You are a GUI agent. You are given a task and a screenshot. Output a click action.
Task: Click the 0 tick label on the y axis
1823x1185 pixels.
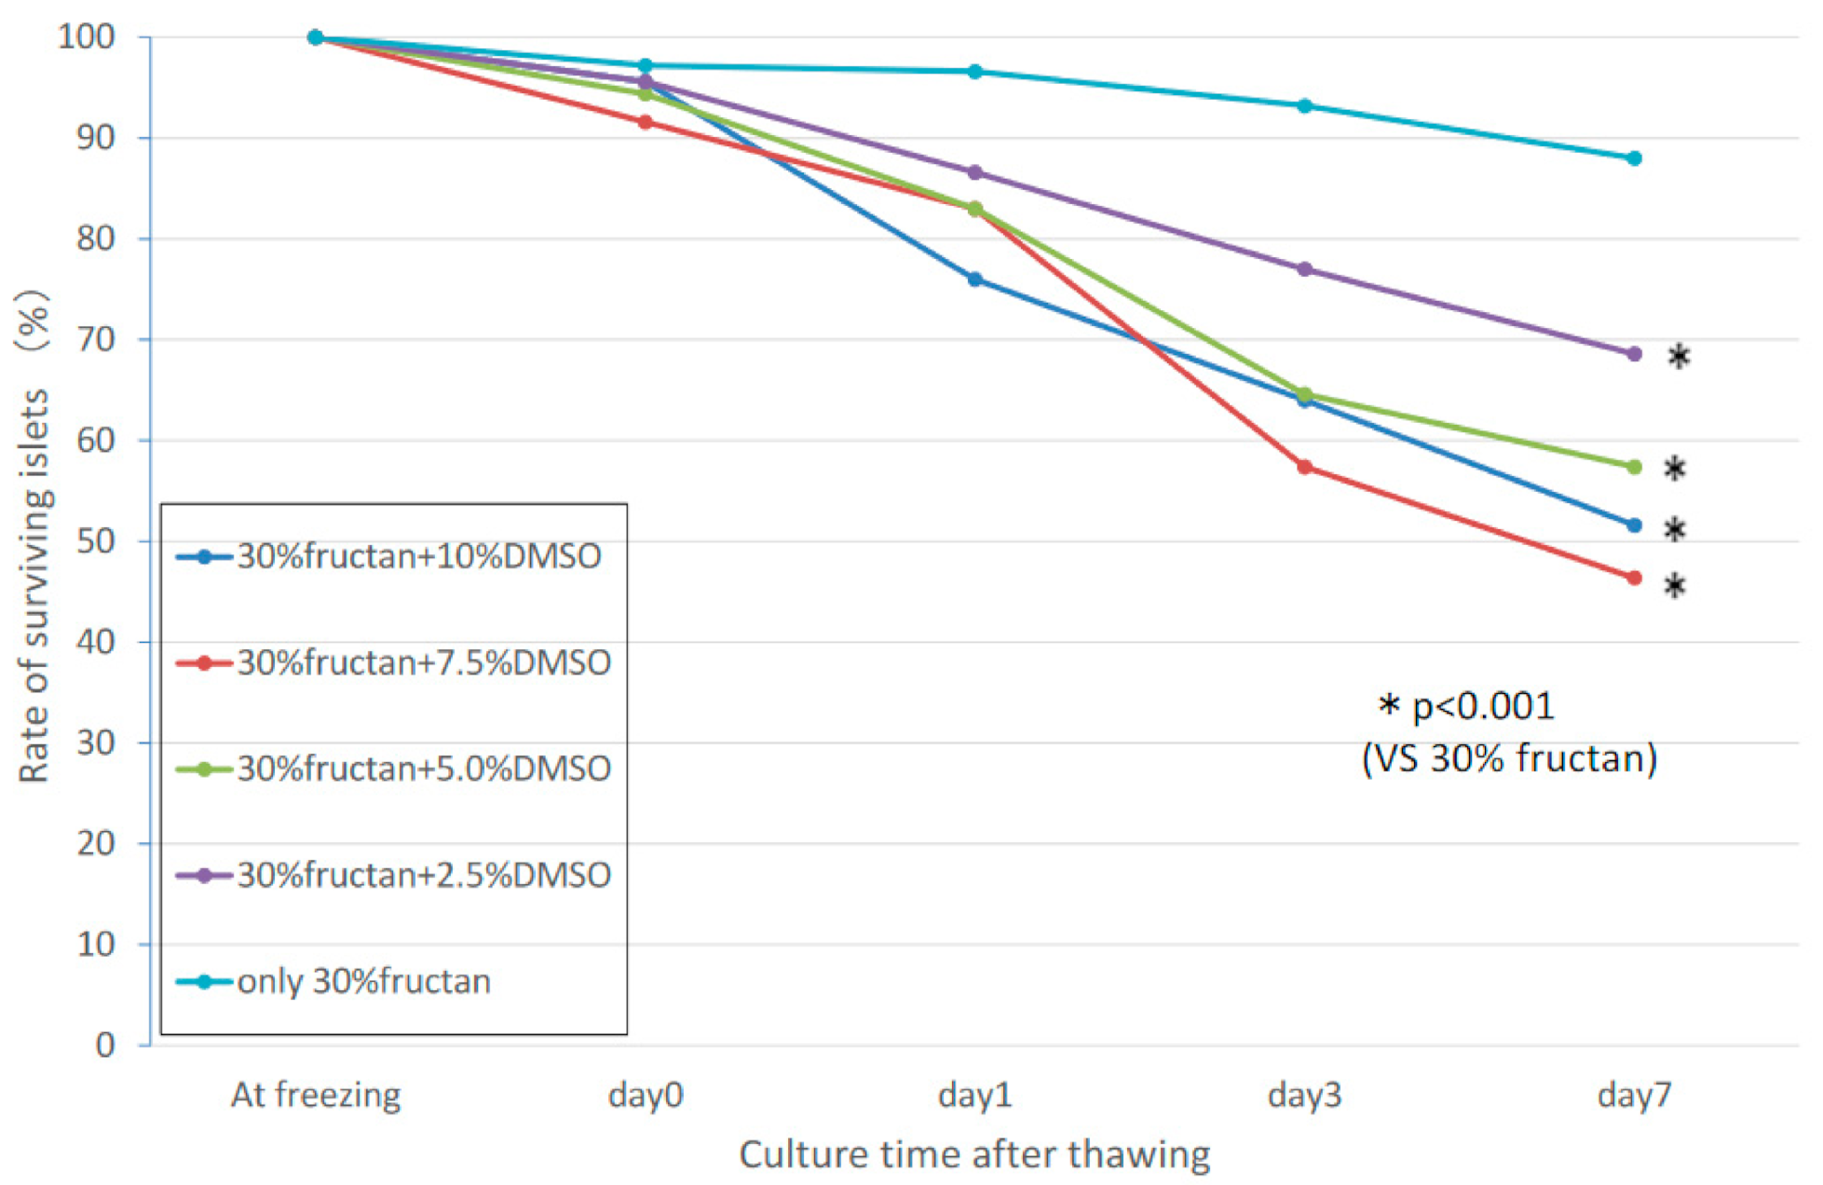coord(105,1044)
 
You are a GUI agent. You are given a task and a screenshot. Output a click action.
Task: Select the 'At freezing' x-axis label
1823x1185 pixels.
coord(316,1094)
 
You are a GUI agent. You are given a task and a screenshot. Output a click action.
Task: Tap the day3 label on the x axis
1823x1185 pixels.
coord(1304,1094)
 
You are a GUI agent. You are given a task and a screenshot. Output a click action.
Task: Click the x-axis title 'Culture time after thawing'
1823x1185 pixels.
coord(974,1154)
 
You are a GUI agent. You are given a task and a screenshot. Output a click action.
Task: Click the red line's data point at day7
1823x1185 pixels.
coord(1634,578)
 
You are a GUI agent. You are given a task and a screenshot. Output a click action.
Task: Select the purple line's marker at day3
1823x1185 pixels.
coord(1304,269)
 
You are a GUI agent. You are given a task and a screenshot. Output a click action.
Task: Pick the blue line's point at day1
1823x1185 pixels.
coord(974,279)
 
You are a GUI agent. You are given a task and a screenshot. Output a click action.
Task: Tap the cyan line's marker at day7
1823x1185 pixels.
coord(1634,158)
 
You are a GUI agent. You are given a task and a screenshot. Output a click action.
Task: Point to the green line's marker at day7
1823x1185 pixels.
coord(1634,467)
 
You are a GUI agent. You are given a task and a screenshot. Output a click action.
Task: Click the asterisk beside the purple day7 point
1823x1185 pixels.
coord(1678,356)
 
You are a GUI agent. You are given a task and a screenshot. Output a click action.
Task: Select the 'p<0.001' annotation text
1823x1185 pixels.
coord(1482,706)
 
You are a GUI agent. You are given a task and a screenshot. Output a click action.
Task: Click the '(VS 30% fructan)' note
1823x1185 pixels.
coord(1509,758)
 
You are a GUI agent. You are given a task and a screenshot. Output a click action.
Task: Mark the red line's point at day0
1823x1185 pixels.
coord(645,122)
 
